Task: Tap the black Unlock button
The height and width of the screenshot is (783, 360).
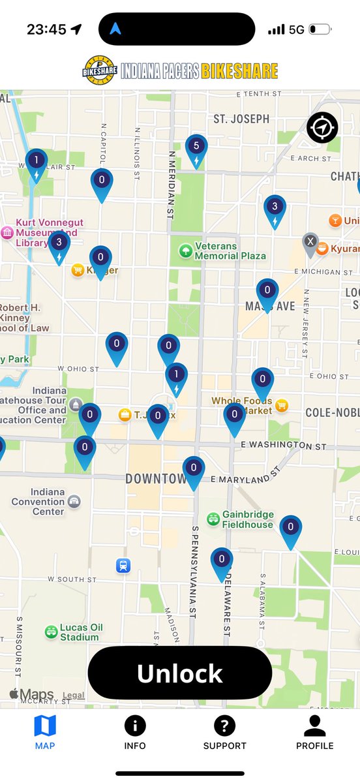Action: pyautogui.click(x=179, y=673)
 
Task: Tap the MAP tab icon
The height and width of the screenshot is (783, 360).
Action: pyautogui.click(x=45, y=726)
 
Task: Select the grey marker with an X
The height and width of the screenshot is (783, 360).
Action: pyautogui.click(x=310, y=242)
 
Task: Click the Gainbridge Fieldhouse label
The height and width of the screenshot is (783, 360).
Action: pyautogui.click(x=248, y=519)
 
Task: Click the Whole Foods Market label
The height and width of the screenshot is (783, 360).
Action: pyautogui.click(x=241, y=406)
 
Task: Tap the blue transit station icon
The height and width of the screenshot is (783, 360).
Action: pyautogui.click(x=123, y=566)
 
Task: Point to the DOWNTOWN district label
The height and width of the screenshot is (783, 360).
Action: pyautogui.click(x=155, y=479)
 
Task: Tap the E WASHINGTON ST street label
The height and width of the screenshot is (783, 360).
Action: pyautogui.click(x=283, y=445)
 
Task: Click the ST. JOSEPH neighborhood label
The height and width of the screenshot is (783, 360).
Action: pyautogui.click(x=241, y=119)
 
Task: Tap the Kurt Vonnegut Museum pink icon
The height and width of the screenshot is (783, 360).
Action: pyautogui.click(x=7, y=233)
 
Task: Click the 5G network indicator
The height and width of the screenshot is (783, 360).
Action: pyautogui.click(x=297, y=30)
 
